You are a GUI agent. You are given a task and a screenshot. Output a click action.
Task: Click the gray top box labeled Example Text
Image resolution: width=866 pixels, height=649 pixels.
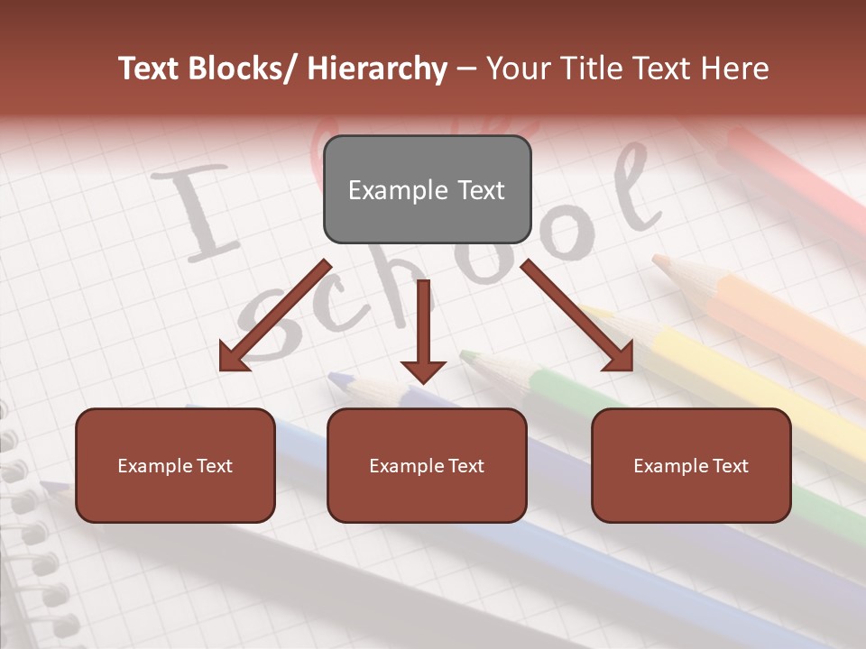tap(427, 189)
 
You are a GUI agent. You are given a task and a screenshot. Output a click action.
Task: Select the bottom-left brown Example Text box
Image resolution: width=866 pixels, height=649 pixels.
tap(175, 465)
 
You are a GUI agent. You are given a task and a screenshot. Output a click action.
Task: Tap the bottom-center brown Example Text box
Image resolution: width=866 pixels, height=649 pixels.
tap(427, 465)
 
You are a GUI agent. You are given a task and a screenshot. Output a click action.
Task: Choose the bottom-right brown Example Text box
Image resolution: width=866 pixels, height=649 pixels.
tap(691, 465)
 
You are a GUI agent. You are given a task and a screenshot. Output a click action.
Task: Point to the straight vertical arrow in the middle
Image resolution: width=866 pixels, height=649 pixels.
tap(423, 330)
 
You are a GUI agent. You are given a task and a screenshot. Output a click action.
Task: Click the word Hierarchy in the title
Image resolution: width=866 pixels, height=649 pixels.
tap(377, 69)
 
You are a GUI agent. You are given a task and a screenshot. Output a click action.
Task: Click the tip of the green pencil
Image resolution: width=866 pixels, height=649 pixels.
tap(467, 356)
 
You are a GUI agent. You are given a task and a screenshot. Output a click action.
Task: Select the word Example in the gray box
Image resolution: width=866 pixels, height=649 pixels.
tap(385, 190)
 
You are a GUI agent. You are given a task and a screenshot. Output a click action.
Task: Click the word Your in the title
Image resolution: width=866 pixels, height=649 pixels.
tap(516, 69)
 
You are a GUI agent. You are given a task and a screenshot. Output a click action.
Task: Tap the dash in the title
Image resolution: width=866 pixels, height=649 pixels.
tap(465, 69)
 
